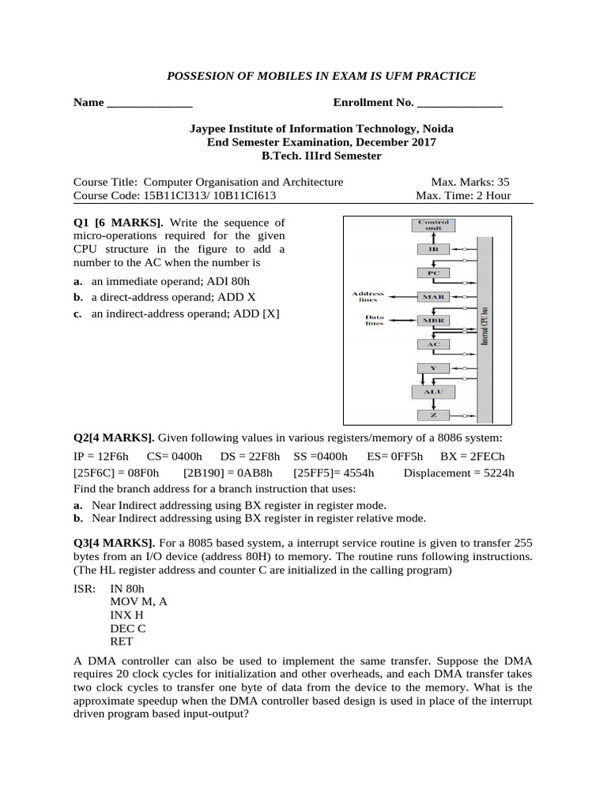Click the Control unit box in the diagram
[x=432, y=224]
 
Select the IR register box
[x=432, y=248]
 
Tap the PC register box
[x=432, y=273]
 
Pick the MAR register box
[x=432, y=296]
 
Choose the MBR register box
[x=432, y=320]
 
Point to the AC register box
[x=432, y=344]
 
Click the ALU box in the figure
[x=432, y=392]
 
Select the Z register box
[x=432, y=415]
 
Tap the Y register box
[x=432, y=368]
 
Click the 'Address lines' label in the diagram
[x=368, y=296]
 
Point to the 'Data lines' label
[x=375, y=320]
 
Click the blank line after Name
[x=149, y=103]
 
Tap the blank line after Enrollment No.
[x=459, y=103]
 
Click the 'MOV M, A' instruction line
[x=138, y=601]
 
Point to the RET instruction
[x=123, y=642]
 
